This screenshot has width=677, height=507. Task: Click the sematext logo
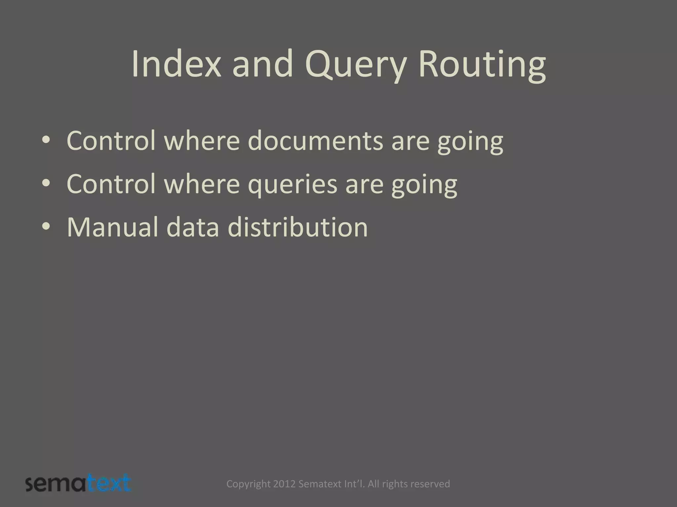pyautogui.click(x=78, y=484)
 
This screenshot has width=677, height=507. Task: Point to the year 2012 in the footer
pyautogui.click(x=285, y=484)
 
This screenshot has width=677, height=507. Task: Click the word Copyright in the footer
pyautogui.click(x=248, y=484)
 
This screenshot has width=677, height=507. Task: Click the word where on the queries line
pyautogui.click(x=202, y=184)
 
